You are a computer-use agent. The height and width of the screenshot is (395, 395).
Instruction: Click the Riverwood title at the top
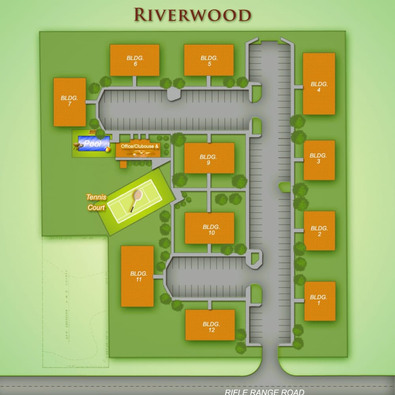click(x=192, y=14)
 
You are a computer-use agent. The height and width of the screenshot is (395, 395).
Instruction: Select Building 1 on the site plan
click(x=320, y=301)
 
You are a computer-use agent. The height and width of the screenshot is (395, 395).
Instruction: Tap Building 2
click(x=319, y=231)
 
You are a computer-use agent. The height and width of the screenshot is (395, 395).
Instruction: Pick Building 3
click(x=319, y=160)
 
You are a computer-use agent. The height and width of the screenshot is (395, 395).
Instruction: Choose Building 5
click(x=209, y=60)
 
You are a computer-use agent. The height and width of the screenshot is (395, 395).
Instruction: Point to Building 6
click(x=135, y=60)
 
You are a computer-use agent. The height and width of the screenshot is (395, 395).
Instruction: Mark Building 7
click(x=70, y=102)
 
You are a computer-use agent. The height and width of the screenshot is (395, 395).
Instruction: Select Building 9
click(x=209, y=158)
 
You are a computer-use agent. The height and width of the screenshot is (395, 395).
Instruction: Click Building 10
click(x=209, y=228)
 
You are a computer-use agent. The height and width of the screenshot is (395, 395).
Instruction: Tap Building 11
click(x=137, y=276)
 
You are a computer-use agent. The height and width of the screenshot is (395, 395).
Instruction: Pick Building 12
click(x=210, y=325)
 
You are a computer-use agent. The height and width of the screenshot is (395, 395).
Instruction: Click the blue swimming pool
click(x=94, y=143)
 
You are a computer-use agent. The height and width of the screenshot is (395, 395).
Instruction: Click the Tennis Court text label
click(x=96, y=202)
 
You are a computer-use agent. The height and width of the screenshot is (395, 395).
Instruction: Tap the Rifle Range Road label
click(x=265, y=391)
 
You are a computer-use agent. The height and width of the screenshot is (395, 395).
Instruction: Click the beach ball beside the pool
click(x=107, y=150)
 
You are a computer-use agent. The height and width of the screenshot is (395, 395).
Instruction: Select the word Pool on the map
click(x=93, y=143)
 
